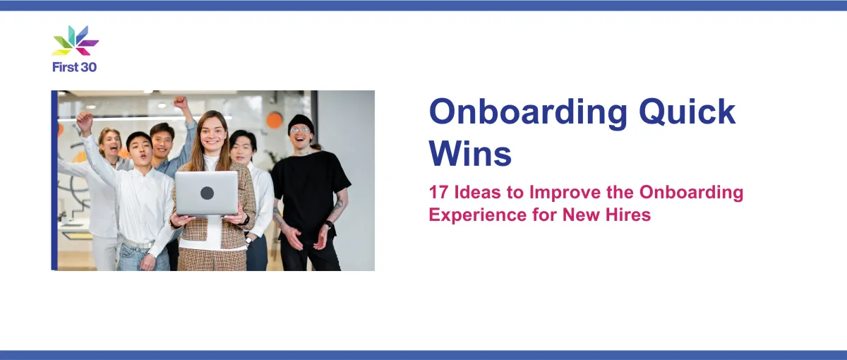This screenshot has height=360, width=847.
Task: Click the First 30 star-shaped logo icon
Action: (76, 40)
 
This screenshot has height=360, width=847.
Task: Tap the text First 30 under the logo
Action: (75, 67)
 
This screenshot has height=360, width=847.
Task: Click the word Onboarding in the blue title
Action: (528, 112)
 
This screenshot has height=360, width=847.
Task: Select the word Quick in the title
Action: (687, 112)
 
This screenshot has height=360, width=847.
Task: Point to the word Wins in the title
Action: (470, 154)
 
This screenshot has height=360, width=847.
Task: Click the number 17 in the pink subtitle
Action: (438, 192)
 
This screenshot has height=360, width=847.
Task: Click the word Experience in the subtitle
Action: (478, 215)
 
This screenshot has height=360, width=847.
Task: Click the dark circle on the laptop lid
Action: (207, 193)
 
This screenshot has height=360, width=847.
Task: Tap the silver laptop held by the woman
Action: (207, 193)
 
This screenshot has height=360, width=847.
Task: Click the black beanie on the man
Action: (301, 123)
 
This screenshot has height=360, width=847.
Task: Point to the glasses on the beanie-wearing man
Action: (299, 130)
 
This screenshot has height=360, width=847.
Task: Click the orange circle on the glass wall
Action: (274, 120)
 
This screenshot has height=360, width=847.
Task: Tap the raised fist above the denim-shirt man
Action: (181, 102)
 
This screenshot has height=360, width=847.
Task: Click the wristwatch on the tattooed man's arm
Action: (329, 224)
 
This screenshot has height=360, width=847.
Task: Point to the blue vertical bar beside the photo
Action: (54, 181)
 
